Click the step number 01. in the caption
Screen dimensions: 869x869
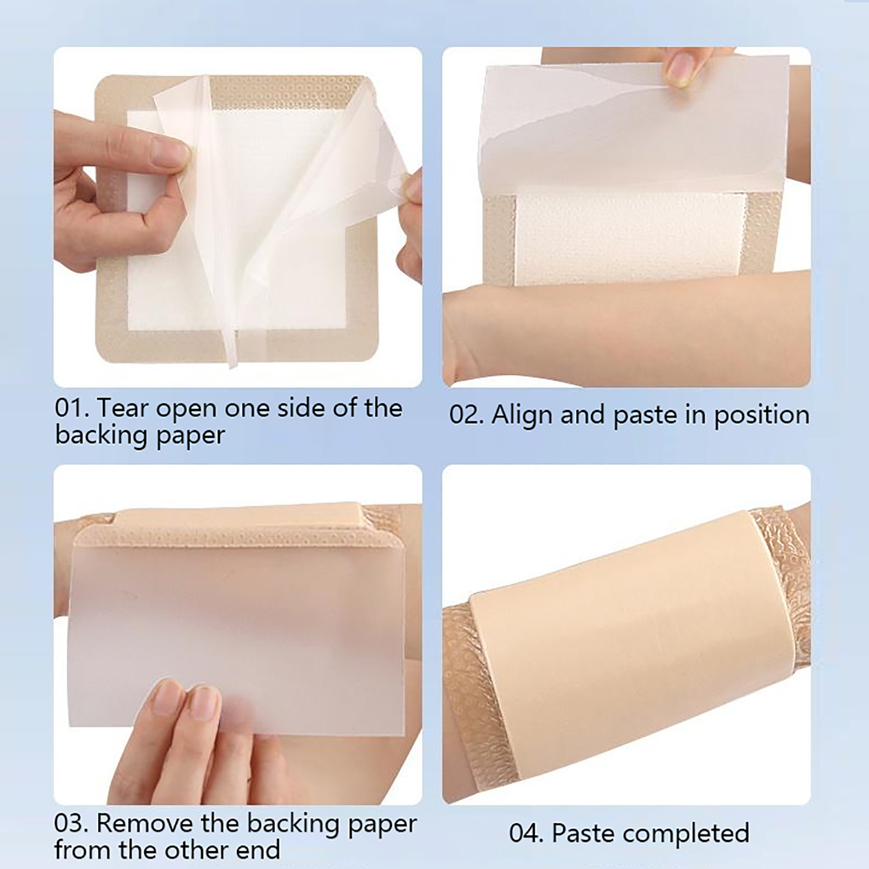click(71, 408)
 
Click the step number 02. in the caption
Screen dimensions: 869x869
click(467, 415)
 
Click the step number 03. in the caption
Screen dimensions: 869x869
click(71, 824)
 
